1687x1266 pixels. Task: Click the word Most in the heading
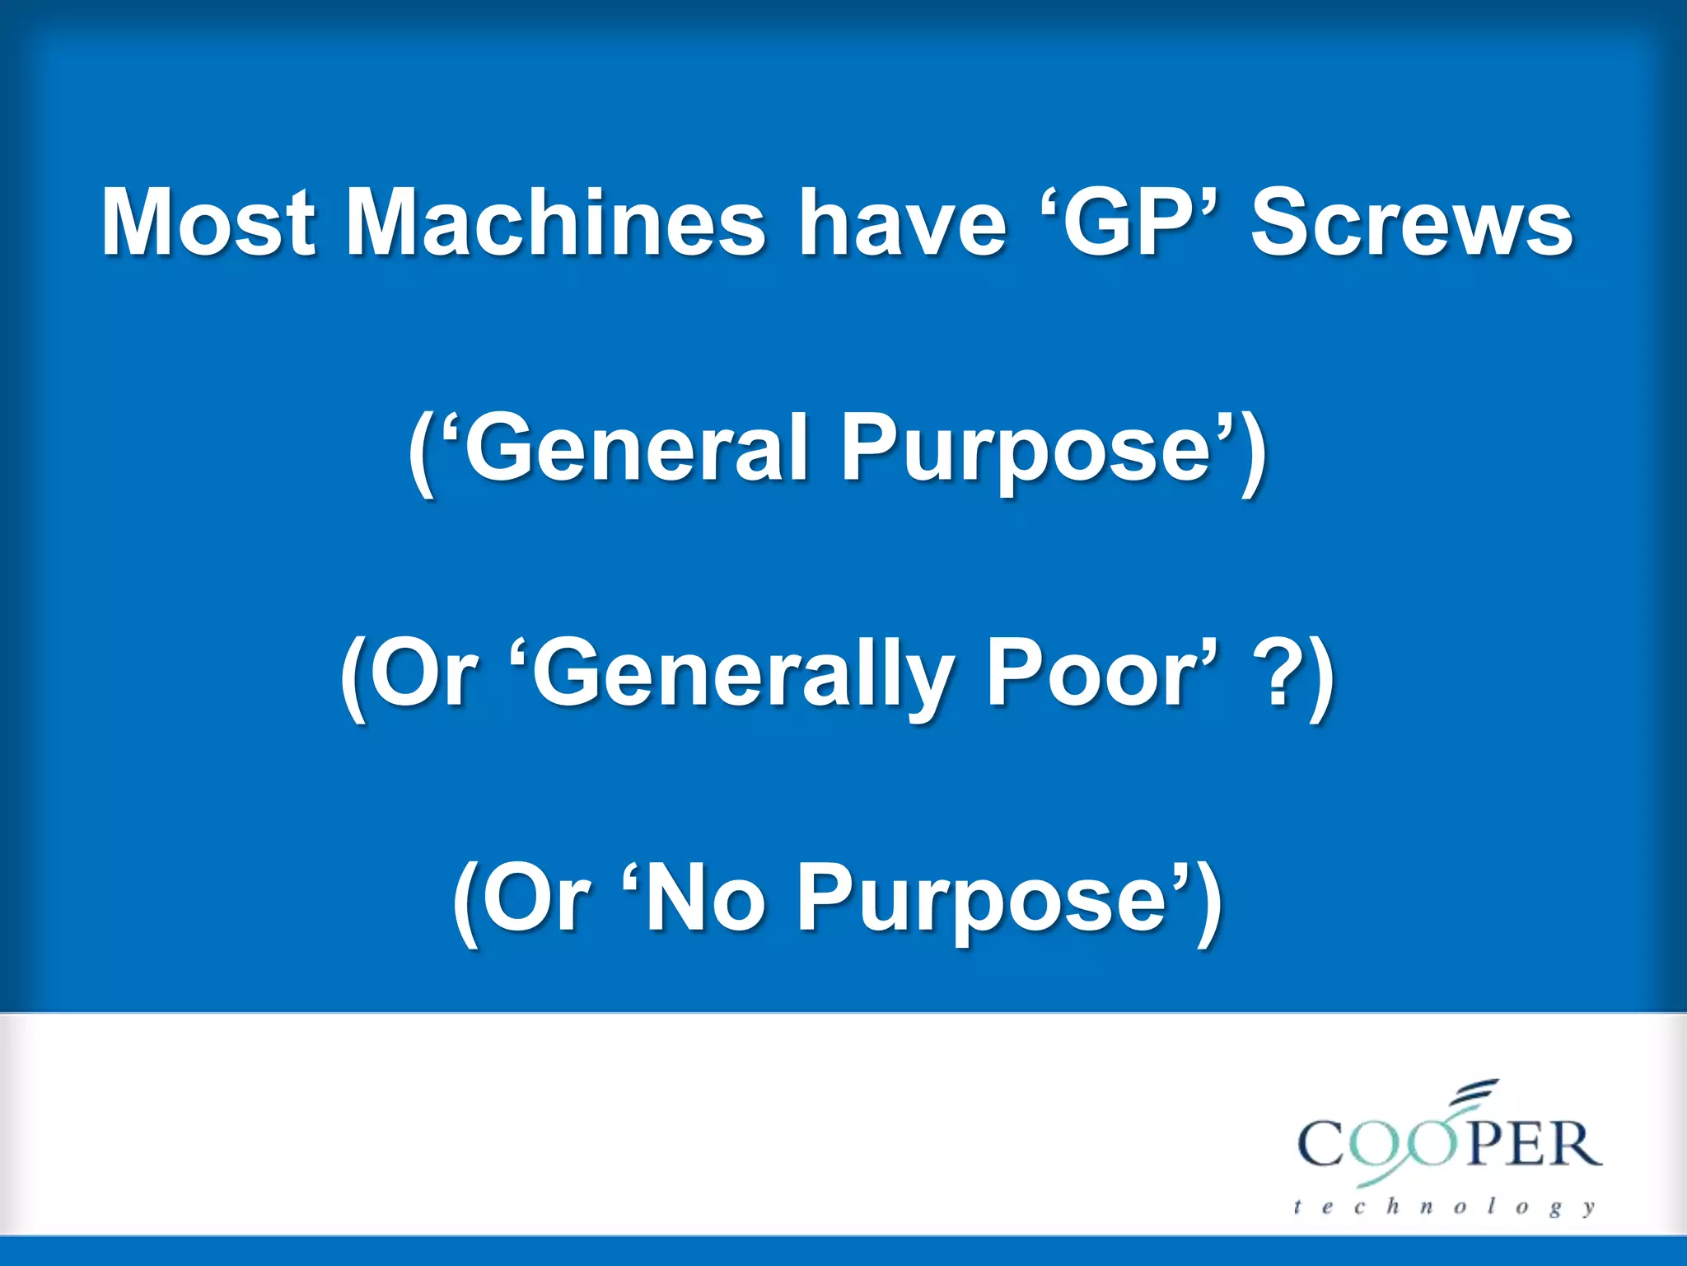click(x=208, y=223)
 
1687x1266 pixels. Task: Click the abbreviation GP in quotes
click(x=1127, y=223)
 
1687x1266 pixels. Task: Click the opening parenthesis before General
click(x=421, y=452)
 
